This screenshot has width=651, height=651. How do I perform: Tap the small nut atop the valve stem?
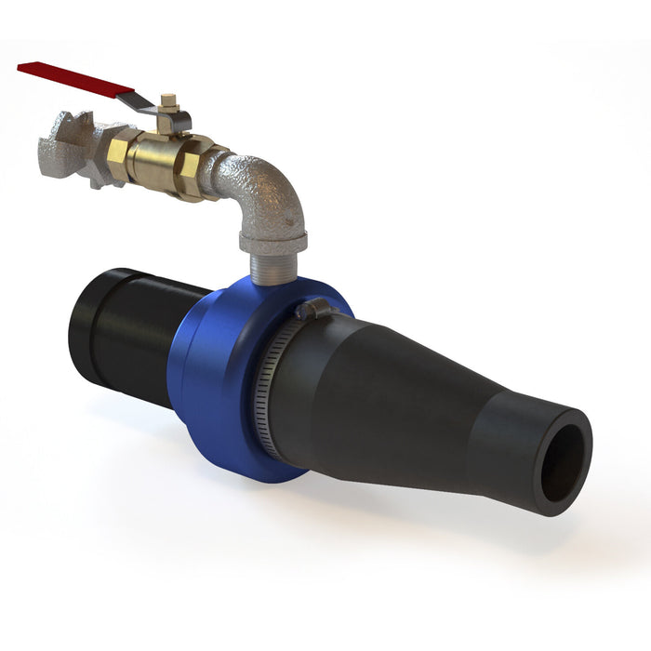pyautogui.click(x=168, y=100)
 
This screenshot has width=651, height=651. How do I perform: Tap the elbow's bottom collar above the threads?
pyautogui.click(x=272, y=242)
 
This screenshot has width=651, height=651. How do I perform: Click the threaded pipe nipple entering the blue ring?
pyautogui.click(x=273, y=266)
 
